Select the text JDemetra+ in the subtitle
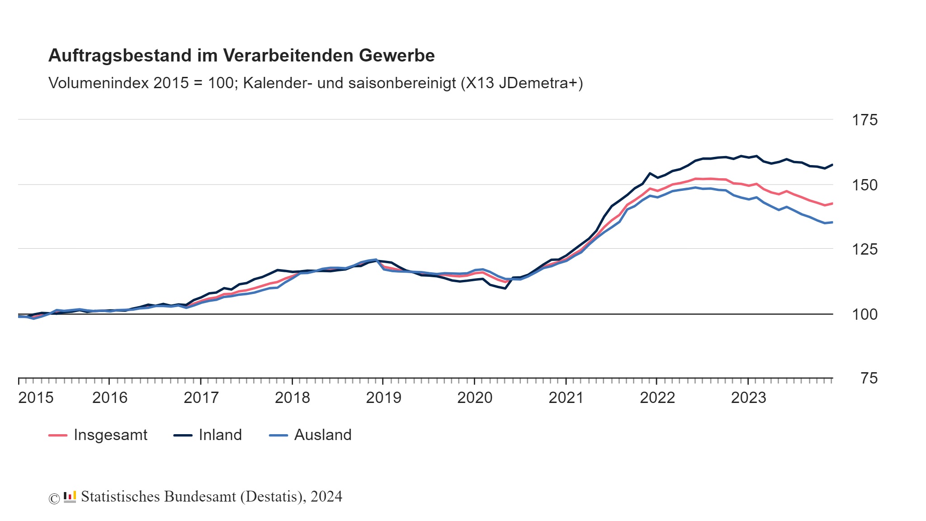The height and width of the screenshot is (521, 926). pos(538,83)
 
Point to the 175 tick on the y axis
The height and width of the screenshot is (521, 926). pos(865,120)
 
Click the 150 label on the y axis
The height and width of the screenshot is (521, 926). pos(865,185)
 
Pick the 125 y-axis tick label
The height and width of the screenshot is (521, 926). pos(865,249)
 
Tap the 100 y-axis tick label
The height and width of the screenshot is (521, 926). pos(865,314)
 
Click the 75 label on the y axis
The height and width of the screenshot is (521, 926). pos(869,379)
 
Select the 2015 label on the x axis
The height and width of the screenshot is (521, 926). pos(36,398)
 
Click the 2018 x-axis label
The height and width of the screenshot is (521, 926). pos(292,398)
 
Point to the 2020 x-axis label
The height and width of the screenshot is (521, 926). pos(475,398)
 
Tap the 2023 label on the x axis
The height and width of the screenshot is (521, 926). pos(748,398)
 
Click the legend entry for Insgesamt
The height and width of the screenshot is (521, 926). pos(110,435)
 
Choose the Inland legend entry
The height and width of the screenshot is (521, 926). pos(220,435)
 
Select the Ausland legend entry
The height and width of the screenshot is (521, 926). pos(322,435)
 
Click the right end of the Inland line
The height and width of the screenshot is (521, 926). pos(832,165)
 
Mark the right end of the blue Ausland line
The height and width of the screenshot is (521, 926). pos(832,222)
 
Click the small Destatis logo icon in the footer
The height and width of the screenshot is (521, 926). pos(70,497)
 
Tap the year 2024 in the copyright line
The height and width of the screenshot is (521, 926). pos(326,497)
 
